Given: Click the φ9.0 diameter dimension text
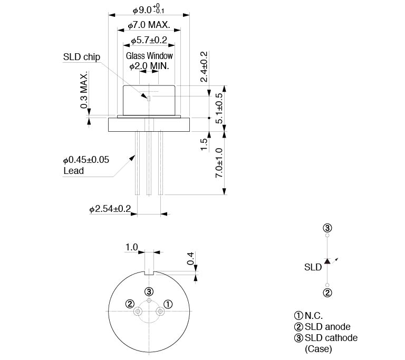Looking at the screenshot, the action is [149, 9].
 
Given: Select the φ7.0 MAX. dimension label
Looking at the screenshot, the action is [149, 25].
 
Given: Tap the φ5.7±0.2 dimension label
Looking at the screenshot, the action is [149, 40].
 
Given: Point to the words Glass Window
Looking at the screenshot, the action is [149, 55].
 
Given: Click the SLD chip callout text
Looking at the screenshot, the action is [82, 57].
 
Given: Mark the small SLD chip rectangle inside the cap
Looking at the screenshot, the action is [149, 99].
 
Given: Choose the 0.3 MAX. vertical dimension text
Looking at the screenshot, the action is [84, 90].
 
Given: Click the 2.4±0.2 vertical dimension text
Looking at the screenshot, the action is [204, 66].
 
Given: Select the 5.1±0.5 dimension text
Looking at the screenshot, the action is [219, 108].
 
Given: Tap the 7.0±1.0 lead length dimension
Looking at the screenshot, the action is [219, 163].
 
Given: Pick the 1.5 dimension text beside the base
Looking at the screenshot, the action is [204, 144].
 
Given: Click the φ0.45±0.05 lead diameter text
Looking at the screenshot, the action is [86, 160].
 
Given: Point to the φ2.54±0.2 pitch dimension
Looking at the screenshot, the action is [110, 209].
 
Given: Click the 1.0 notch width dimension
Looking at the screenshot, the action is [132, 247].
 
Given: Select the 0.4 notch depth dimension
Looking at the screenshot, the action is [190, 258].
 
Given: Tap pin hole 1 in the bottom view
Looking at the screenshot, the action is [160, 312].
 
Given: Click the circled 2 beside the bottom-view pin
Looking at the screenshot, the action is [130, 304].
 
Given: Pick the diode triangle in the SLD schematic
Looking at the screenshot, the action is [327, 261].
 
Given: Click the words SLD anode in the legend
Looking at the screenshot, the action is [327, 327].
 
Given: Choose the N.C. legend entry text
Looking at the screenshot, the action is [314, 316].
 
